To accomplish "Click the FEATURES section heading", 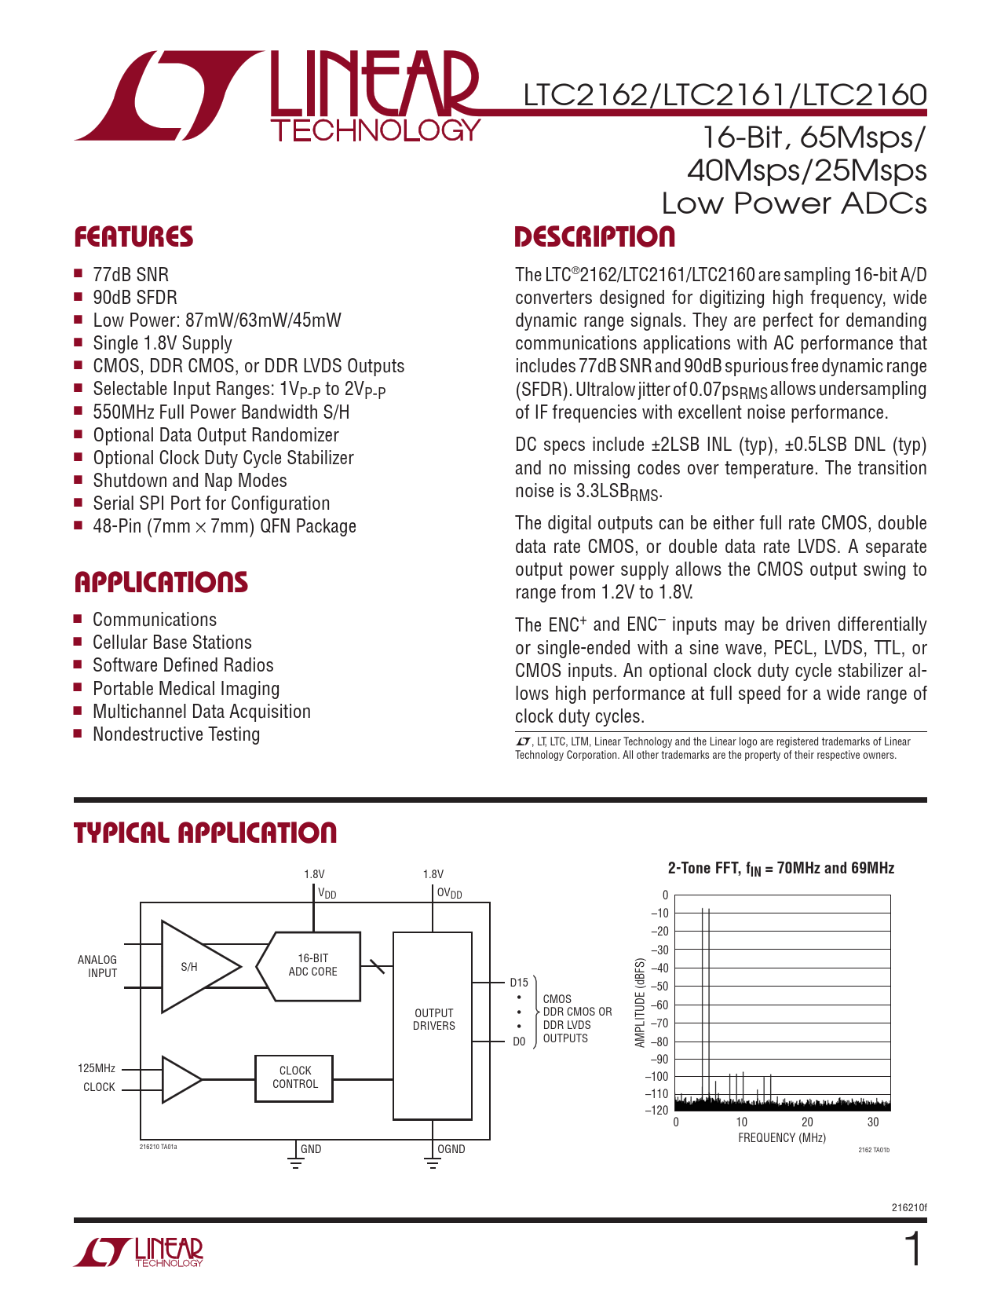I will (x=133, y=237).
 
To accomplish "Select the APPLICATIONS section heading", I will (x=161, y=582).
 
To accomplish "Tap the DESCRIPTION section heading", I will (x=594, y=237).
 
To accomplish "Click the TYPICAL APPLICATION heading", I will (x=205, y=833).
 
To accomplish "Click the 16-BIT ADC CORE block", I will (x=312, y=965).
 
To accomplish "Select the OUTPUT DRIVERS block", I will (x=433, y=1020).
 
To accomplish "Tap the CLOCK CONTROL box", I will (x=295, y=1078).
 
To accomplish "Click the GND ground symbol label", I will (x=311, y=1149).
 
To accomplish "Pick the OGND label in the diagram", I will (x=451, y=1149).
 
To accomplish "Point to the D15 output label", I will (x=519, y=983).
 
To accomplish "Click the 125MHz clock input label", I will (x=97, y=1068).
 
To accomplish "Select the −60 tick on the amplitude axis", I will (x=659, y=1005).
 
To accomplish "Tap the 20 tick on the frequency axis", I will (x=807, y=1122).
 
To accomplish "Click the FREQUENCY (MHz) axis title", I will (x=781, y=1138).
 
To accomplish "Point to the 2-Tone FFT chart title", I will (x=780, y=869).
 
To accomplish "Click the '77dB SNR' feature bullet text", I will (x=130, y=275).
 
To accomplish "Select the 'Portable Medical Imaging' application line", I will (x=186, y=689).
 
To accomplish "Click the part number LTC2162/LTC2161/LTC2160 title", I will (x=725, y=95).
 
